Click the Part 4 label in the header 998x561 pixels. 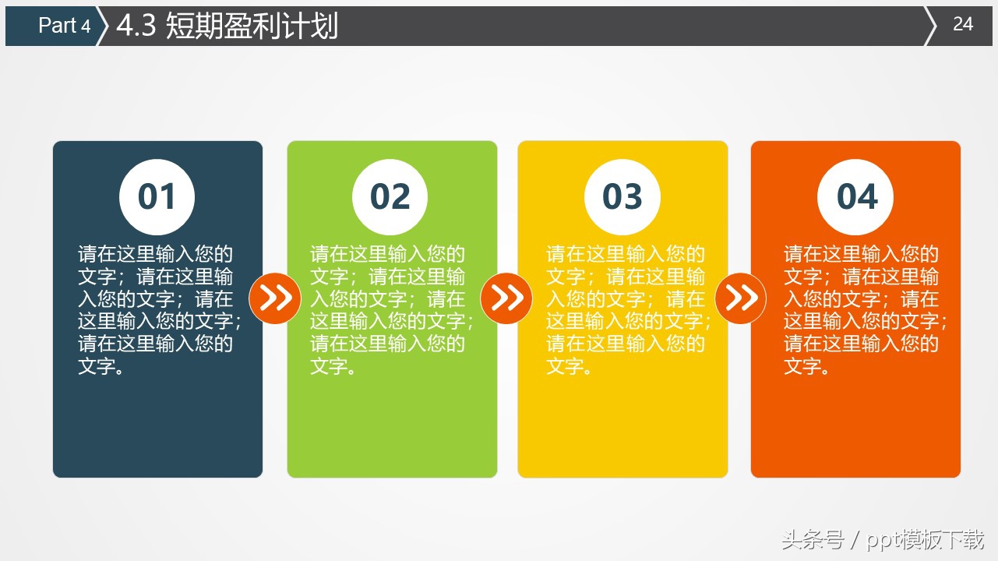(x=64, y=26)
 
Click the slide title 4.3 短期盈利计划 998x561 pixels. (x=227, y=26)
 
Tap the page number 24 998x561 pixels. (x=963, y=24)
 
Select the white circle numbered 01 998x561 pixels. (x=157, y=197)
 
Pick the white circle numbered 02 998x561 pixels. (x=390, y=197)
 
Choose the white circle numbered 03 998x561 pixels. (x=622, y=197)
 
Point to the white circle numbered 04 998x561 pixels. (x=855, y=197)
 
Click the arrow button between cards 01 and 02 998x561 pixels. (x=275, y=298)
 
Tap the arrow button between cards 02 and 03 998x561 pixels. (x=506, y=298)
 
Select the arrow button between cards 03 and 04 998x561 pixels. (x=740, y=298)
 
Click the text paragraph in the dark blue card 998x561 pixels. (x=159, y=310)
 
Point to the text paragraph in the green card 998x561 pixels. (x=391, y=310)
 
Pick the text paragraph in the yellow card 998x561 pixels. (x=627, y=310)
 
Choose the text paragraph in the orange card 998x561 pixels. (x=864, y=310)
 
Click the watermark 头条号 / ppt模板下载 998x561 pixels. (x=882, y=539)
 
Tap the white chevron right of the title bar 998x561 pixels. (x=930, y=26)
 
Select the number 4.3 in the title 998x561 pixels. (x=137, y=26)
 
